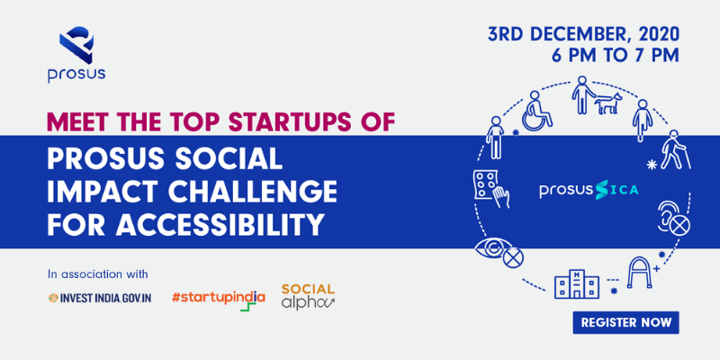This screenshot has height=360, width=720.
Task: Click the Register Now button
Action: tap(625, 322)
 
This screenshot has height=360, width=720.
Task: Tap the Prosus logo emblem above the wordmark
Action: tap(76, 45)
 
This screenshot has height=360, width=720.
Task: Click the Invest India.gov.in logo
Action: tap(100, 298)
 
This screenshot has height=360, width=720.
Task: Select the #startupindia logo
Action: tap(219, 300)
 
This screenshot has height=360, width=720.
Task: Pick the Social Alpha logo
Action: tap(308, 297)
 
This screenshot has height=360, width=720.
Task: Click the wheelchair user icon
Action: tap(538, 110)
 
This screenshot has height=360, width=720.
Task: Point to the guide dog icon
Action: tap(607, 103)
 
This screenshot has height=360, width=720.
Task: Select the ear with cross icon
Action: tap(673, 217)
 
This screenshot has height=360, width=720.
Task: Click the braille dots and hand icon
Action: tap(490, 187)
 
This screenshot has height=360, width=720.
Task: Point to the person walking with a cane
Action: tap(675, 149)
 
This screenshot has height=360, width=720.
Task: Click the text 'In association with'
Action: tap(98, 274)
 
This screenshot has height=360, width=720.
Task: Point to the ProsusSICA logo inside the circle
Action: tap(589, 191)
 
